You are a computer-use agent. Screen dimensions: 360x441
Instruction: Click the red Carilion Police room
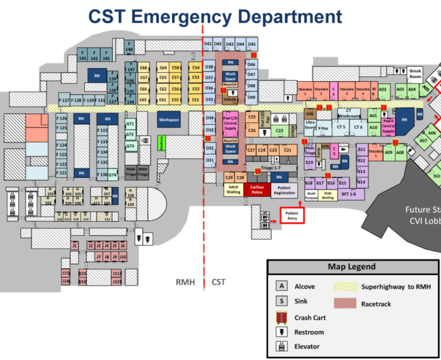coord(257,189)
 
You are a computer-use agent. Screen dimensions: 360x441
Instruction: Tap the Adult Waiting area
coord(233,189)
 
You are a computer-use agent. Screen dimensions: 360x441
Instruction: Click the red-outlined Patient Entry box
coord(292,215)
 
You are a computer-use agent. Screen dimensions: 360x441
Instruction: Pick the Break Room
coord(415,73)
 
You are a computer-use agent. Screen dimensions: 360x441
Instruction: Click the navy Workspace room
coord(169,120)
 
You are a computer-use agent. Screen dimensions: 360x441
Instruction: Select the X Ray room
coord(323,128)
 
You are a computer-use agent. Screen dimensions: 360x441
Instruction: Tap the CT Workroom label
coord(349,113)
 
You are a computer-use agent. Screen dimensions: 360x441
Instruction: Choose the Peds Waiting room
coord(327,195)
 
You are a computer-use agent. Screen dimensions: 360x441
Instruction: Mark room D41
coord(208,43)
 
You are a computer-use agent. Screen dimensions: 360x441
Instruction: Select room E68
coord(143,67)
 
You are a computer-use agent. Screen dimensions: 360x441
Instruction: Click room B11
coord(361,149)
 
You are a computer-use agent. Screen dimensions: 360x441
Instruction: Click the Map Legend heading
coord(351,267)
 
